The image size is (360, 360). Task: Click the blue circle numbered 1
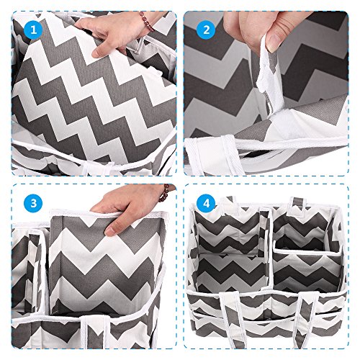pos(33,30)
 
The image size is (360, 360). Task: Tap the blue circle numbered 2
pos(206,30)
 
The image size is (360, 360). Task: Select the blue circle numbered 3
pos(33,203)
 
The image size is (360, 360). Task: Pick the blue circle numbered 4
pos(206,203)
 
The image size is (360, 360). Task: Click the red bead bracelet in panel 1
pos(146,22)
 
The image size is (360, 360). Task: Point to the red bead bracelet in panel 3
pos(166,193)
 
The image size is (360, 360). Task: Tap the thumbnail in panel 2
pos(273,42)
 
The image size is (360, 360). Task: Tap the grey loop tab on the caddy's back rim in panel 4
pos(296,207)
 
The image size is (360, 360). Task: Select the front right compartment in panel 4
pos(307,271)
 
